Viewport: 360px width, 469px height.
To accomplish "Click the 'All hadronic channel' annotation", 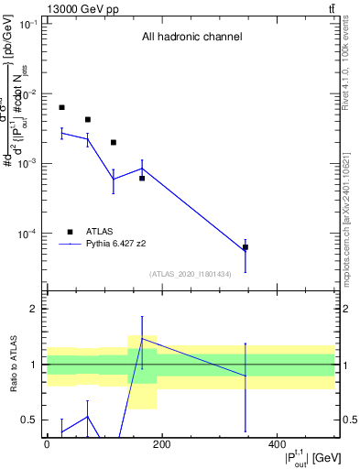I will point(191,38).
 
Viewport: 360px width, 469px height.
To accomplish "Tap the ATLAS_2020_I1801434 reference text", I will point(190,274).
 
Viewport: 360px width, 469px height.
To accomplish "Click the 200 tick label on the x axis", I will point(161,444).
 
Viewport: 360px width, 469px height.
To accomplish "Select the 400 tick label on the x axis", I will point(277,444).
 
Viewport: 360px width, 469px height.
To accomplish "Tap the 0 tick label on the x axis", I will point(47,444).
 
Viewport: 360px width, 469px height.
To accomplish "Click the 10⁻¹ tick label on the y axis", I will point(27,24).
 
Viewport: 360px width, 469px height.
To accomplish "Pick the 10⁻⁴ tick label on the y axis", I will point(27,234).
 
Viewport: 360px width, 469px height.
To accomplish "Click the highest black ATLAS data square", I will point(61,107).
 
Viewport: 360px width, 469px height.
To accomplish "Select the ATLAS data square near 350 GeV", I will point(245,247).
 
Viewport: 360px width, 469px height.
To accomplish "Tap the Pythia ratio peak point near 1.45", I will point(142,338).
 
